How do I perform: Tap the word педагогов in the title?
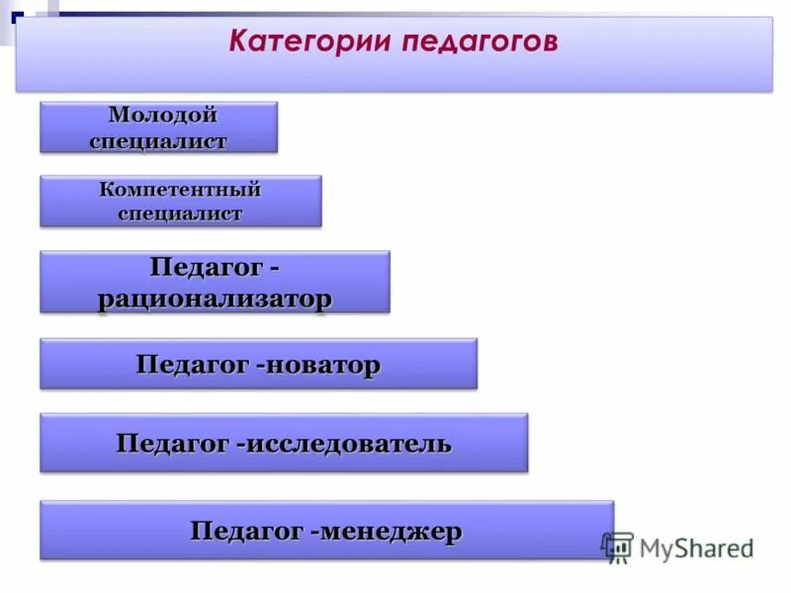(x=481, y=42)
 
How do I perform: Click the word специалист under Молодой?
(x=157, y=140)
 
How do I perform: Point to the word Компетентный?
(x=180, y=189)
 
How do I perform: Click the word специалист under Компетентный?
(x=180, y=213)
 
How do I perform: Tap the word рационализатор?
(x=215, y=298)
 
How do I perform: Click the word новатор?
(x=322, y=365)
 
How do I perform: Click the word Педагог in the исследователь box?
(x=172, y=444)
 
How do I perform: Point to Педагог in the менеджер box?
(x=246, y=532)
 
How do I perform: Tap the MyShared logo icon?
(x=617, y=548)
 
